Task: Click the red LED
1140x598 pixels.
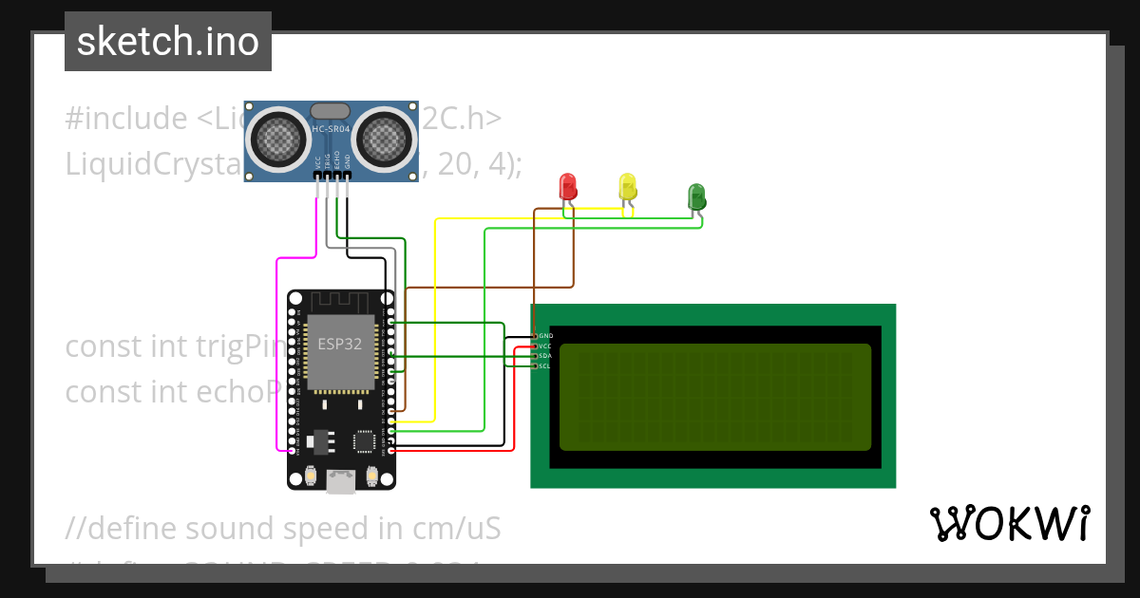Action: [568, 185]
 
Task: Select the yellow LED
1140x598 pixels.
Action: [627, 185]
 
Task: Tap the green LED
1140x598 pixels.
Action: [696, 196]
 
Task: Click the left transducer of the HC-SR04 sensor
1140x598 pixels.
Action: [278, 139]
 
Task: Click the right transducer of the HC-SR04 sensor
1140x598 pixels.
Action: [385, 139]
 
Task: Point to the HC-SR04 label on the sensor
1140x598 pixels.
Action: [332, 127]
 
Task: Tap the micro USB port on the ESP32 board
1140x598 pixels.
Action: [340, 482]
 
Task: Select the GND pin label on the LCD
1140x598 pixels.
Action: [545, 336]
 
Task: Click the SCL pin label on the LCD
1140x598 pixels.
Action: [545, 365]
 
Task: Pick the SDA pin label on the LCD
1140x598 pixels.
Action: [545, 356]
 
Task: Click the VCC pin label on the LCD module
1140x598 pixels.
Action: [545, 346]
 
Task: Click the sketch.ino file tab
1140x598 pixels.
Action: [168, 42]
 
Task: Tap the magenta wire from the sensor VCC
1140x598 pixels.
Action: [277, 361]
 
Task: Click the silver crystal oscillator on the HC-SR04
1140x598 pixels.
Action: [331, 111]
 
